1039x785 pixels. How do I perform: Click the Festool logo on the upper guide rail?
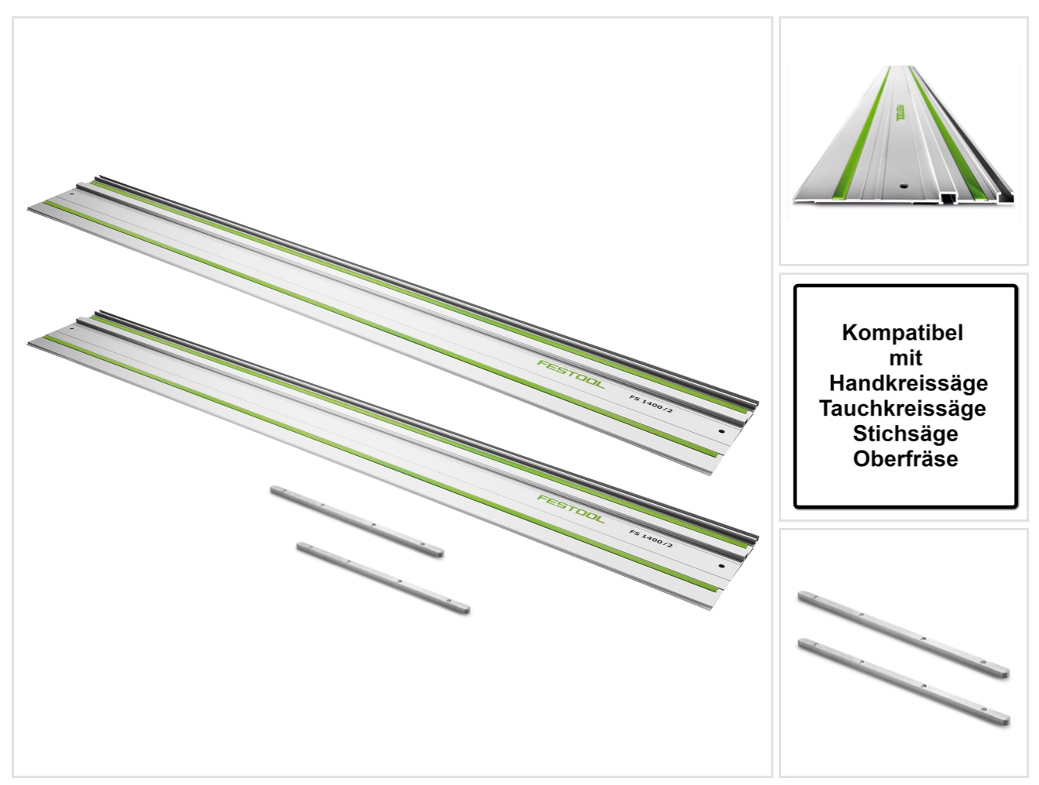click(571, 374)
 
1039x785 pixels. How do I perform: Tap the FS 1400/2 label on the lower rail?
click(651, 539)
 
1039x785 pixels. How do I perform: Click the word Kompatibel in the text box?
click(902, 333)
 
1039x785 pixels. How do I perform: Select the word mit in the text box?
click(905, 358)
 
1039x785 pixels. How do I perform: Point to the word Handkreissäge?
click(908, 382)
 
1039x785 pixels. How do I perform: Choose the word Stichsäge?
click(905, 434)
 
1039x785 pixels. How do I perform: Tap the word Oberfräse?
click(905, 458)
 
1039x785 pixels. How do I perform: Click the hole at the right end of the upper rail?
click(721, 431)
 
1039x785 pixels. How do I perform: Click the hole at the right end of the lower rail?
click(721, 566)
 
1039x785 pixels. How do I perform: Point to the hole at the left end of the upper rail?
click(72, 194)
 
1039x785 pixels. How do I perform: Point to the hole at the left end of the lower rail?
click(72, 328)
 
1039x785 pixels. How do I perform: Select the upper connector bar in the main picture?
click(357, 522)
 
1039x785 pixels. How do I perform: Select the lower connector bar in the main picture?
click(383, 578)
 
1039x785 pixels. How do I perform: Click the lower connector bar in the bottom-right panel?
click(904, 682)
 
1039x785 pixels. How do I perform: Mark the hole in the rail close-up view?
click(904, 187)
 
